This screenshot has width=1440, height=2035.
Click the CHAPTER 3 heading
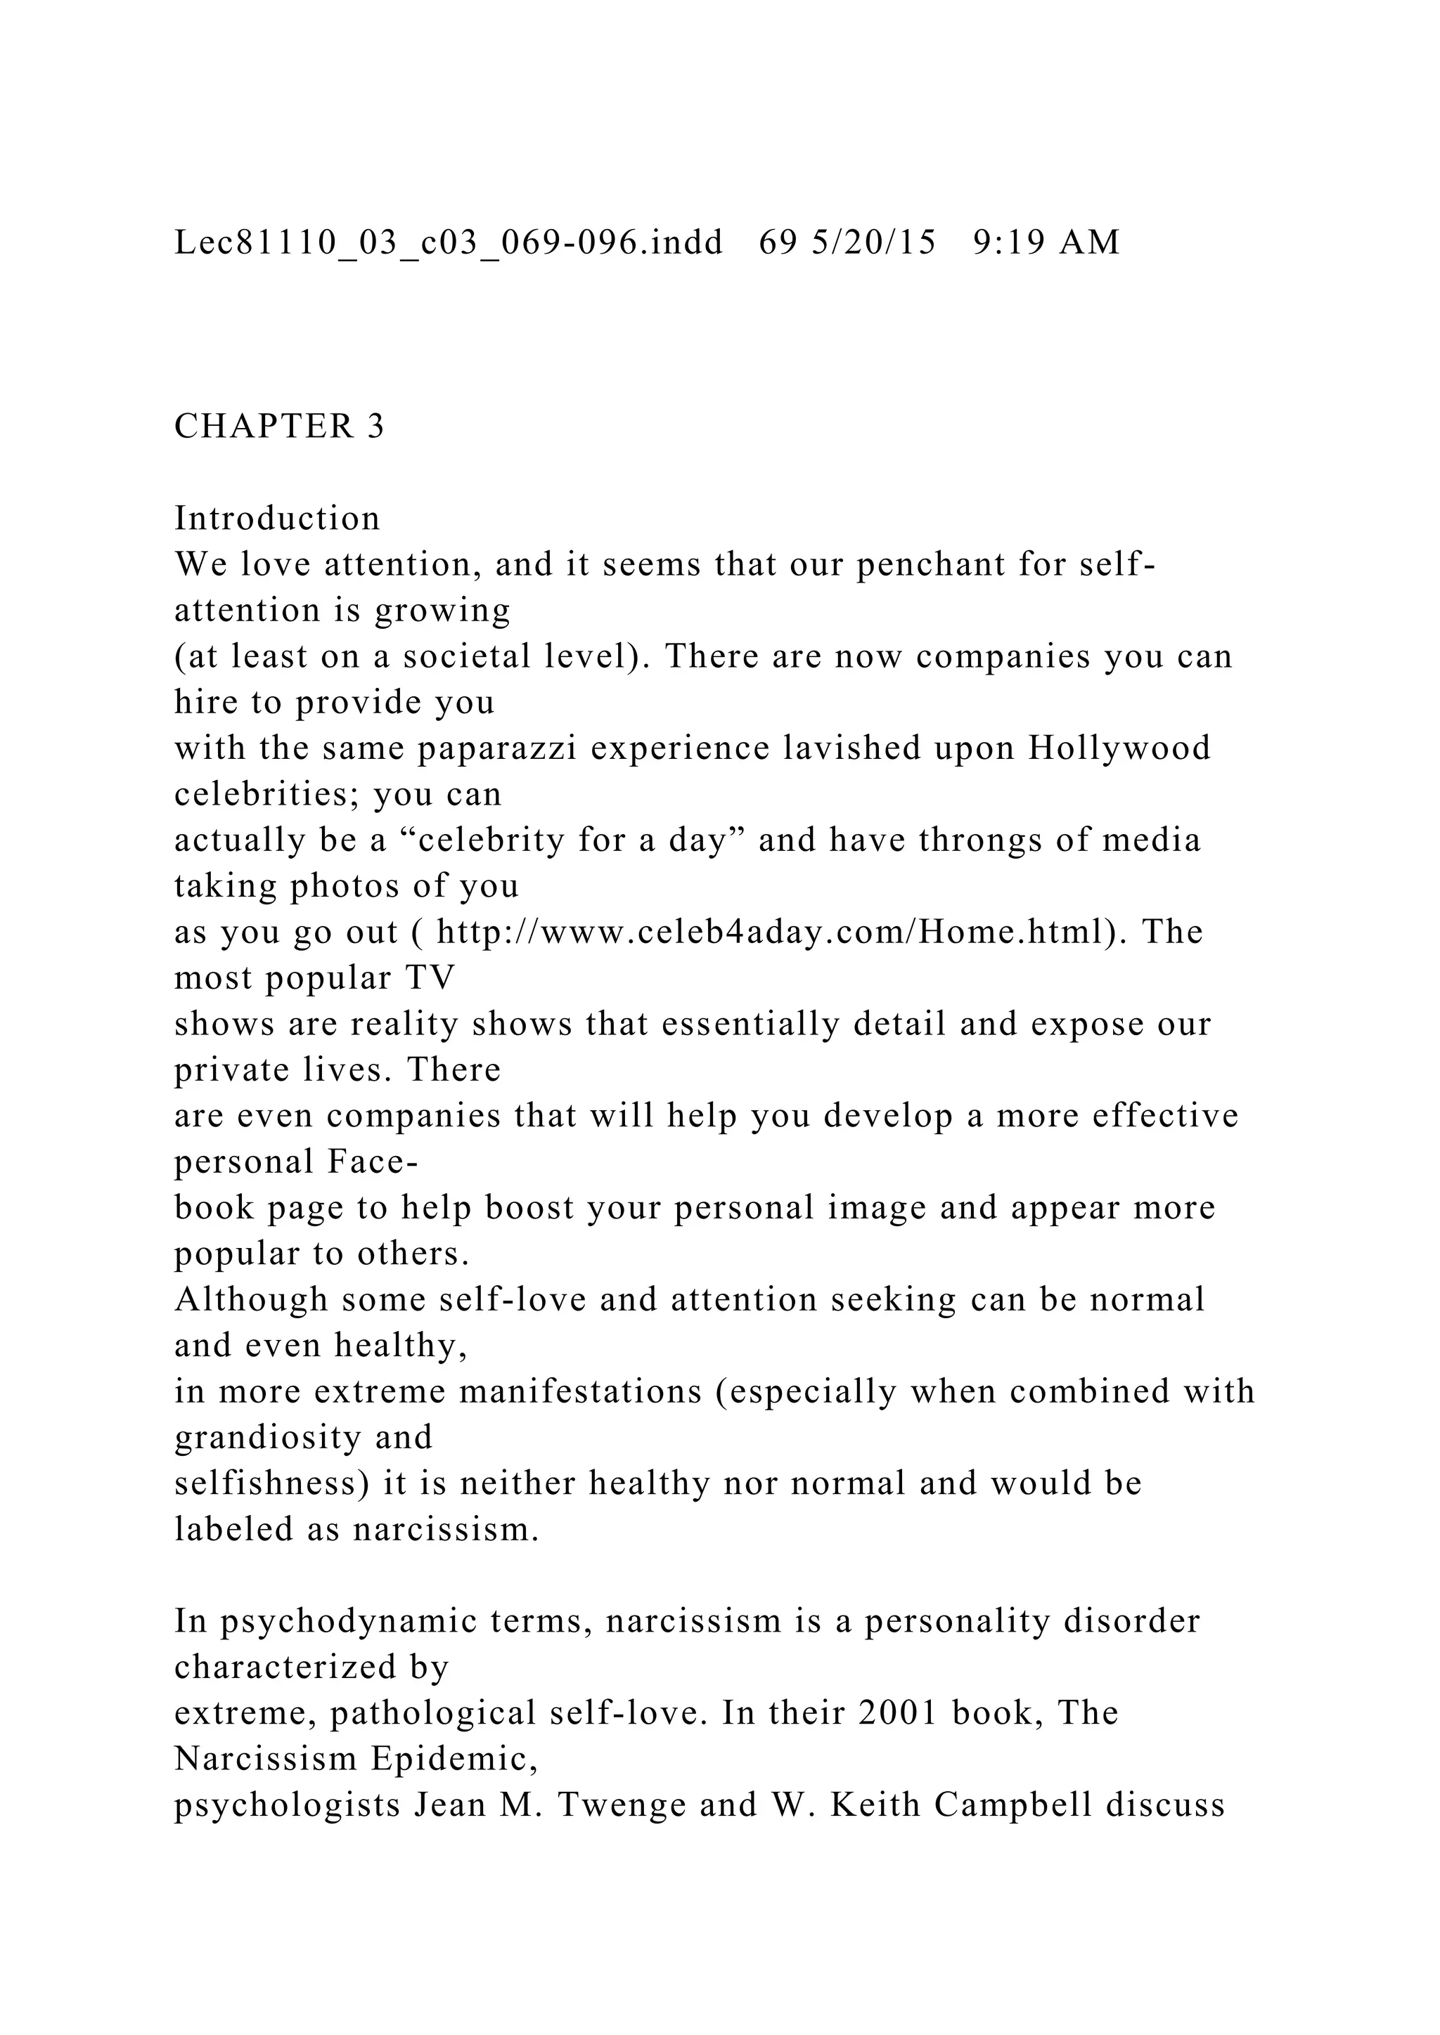(279, 427)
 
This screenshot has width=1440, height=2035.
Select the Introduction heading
(276, 519)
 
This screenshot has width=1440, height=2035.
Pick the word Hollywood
(1119, 749)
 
